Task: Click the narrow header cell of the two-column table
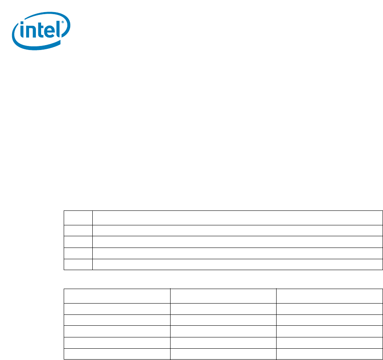click(x=78, y=218)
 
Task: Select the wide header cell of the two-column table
click(x=237, y=218)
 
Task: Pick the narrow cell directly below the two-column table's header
click(x=78, y=231)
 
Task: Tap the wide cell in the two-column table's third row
click(x=237, y=242)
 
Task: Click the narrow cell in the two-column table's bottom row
click(x=78, y=264)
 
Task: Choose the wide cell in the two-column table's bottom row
click(x=237, y=264)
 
